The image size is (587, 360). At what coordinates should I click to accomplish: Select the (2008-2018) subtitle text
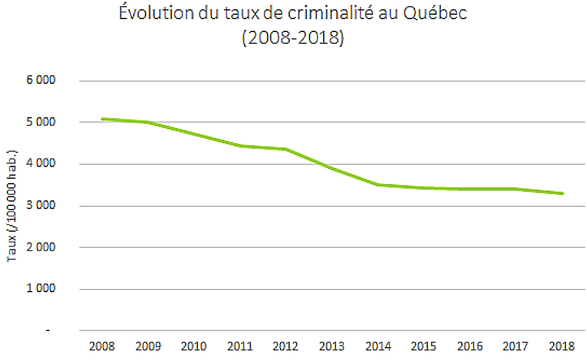point(293,38)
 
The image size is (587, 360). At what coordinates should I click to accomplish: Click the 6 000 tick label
point(41,81)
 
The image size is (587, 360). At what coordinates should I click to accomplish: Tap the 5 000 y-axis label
point(41,122)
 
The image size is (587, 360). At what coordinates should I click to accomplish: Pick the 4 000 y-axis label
point(41,164)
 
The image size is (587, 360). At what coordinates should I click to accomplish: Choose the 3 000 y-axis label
point(41,206)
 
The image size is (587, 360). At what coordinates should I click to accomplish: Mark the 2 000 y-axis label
point(41,247)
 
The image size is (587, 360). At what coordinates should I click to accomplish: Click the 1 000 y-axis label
point(41,289)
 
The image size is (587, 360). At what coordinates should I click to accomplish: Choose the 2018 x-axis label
point(562,346)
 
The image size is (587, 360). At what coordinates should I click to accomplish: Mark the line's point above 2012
point(285,149)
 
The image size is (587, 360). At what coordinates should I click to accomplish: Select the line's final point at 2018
point(562,194)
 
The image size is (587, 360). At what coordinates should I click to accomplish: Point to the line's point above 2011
point(239,145)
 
